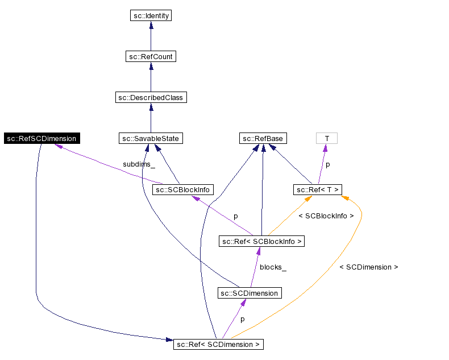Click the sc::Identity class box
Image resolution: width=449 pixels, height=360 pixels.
[x=151, y=15]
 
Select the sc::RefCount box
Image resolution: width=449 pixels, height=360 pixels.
[x=151, y=56]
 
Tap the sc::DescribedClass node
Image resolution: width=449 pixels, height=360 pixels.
[x=151, y=97]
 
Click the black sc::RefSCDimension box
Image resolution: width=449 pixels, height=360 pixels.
[x=41, y=138]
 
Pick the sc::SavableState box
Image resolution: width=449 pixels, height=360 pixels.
[x=151, y=138]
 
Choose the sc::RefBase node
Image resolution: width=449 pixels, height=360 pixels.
[x=262, y=138]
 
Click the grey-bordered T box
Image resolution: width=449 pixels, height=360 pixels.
[x=326, y=138]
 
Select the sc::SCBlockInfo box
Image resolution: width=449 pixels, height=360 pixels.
[x=182, y=189]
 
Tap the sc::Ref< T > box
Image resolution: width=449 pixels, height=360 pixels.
[x=318, y=189]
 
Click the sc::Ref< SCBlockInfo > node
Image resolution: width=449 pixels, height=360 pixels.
[x=262, y=242]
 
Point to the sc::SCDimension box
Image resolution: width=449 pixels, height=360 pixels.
[x=250, y=293]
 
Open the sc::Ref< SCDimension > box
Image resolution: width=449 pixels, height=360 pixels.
[x=218, y=344]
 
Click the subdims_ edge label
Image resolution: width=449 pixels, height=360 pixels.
[x=139, y=164]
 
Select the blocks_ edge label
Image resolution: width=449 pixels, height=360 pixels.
[x=273, y=267]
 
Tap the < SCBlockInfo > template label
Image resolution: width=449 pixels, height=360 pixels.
[x=326, y=216]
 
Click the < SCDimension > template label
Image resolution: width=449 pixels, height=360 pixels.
[x=368, y=267]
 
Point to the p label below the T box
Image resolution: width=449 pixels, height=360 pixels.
[x=327, y=164]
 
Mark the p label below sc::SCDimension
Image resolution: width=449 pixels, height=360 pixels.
[x=242, y=319]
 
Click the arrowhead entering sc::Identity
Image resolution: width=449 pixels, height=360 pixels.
[x=151, y=26]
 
